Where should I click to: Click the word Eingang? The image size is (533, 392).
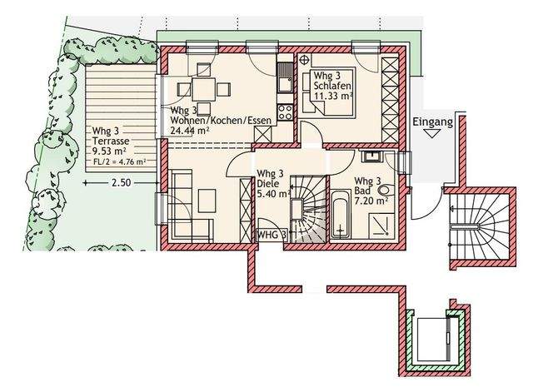[x=433, y=122]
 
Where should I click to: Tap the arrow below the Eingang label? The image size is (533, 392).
[x=432, y=134]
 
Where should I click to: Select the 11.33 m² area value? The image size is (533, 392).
[x=333, y=96]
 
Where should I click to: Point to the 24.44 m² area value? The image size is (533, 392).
[x=190, y=130]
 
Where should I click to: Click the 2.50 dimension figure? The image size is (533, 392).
[x=121, y=183]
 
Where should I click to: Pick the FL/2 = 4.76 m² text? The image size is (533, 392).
[x=118, y=161]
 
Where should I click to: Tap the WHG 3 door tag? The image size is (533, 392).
[x=271, y=235]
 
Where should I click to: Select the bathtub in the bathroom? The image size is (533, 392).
[x=340, y=214]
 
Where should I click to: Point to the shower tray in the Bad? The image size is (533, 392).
[x=381, y=226]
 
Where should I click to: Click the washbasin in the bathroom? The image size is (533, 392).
[x=372, y=156]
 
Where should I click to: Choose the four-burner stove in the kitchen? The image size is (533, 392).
[x=285, y=112]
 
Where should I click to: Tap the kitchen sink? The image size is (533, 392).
[x=285, y=77]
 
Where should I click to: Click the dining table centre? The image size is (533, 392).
[x=203, y=89]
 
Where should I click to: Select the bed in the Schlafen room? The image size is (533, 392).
[x=329, y=92]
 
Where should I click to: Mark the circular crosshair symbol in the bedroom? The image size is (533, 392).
[x=305, y=60]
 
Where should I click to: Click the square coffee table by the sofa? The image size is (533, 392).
[x=207, y=201]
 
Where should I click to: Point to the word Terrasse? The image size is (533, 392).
[x=111, y=141]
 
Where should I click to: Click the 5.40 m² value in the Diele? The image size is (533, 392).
[x=274, y=194]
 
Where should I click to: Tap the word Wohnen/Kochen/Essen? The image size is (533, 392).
[x=221, y=120]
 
